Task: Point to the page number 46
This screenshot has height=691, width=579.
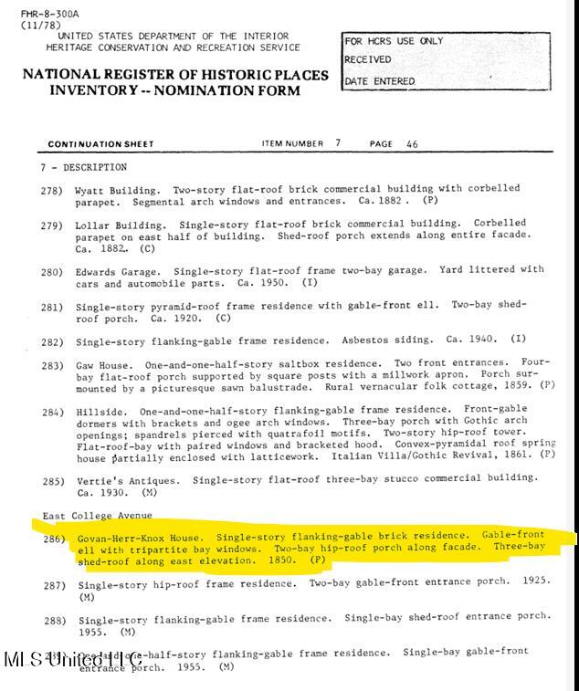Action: [412, 144]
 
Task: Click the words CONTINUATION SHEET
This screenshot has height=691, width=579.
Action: [100, 144]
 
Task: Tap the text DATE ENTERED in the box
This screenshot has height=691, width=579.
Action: [380, 82]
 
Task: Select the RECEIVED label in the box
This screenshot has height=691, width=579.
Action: [368, 60]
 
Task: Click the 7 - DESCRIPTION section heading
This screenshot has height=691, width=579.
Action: [83, 168]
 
